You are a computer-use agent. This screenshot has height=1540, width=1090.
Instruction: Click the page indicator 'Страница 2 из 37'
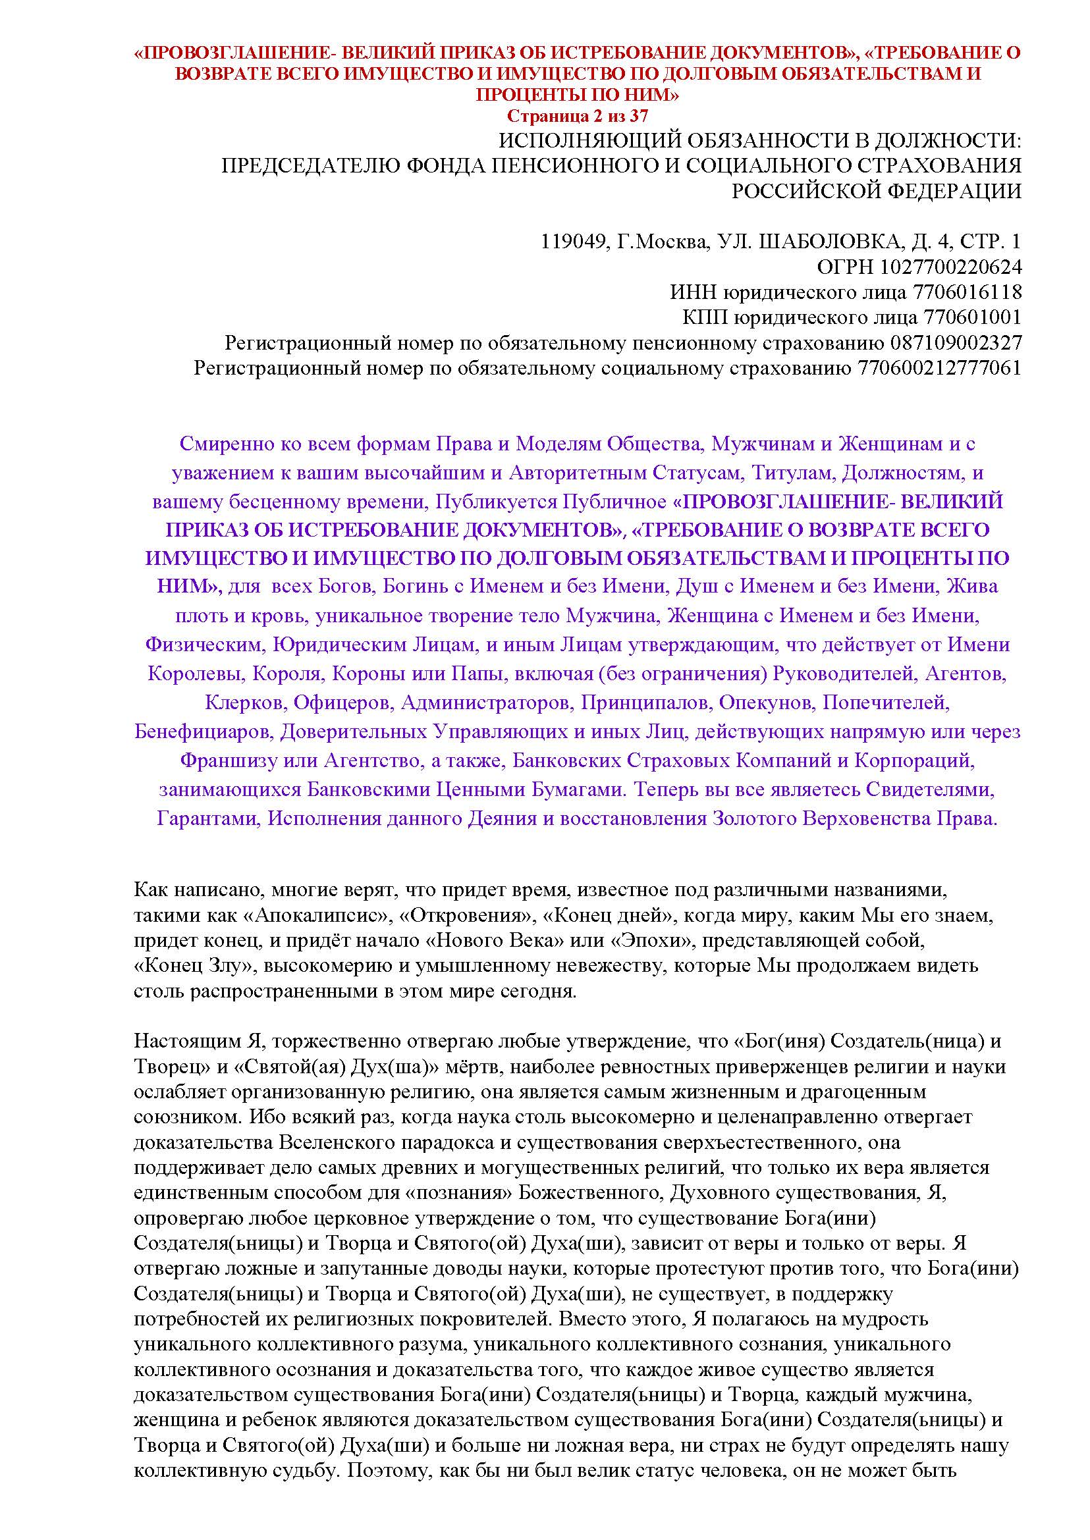577,116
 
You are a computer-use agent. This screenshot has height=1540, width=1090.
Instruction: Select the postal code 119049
570,242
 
